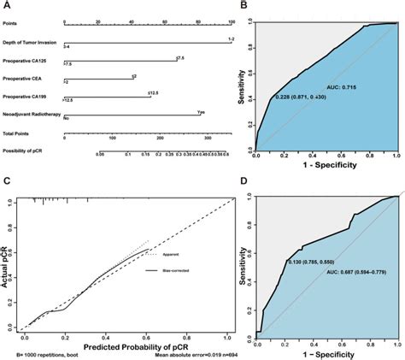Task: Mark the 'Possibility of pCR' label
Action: pos(20,153)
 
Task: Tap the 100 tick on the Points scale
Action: pos(232,20)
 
